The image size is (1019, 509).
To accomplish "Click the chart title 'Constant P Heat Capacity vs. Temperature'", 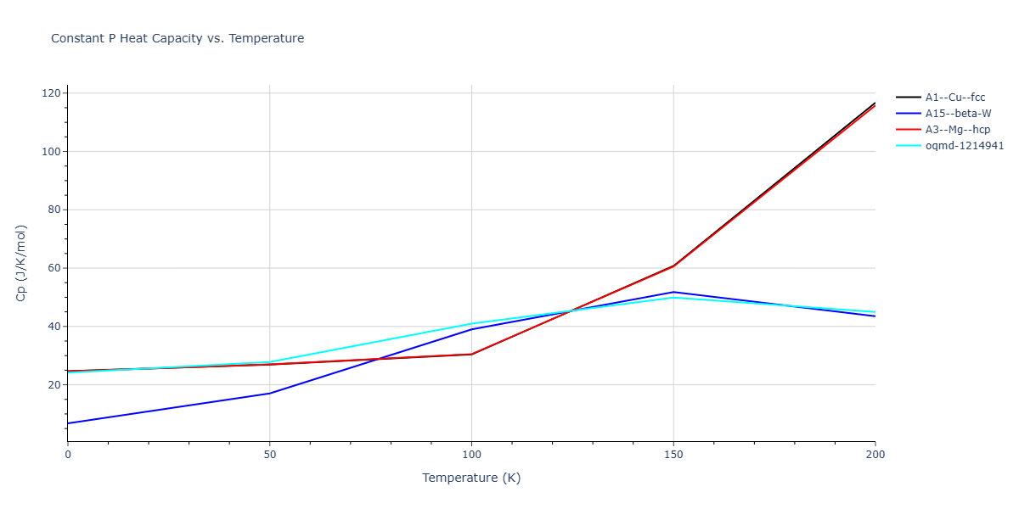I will click(177, 38).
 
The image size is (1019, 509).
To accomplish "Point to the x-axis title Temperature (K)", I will click(471, 478).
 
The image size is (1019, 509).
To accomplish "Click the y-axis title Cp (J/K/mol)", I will click(22, 263).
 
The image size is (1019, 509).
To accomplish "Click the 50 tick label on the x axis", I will click(269, 456).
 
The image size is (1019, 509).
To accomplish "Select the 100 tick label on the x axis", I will click(471, 456).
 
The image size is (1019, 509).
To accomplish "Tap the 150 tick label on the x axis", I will click(673, 456).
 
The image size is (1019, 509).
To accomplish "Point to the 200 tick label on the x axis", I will click(875, 456).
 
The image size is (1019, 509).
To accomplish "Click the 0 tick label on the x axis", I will click(68, 456).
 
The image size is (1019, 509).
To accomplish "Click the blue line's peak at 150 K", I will click(673, 292).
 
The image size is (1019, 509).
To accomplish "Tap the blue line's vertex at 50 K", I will click(269, 393).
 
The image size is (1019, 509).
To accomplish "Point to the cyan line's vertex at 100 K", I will click(471, 323).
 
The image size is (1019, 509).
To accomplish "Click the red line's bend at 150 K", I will click(673, 266).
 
